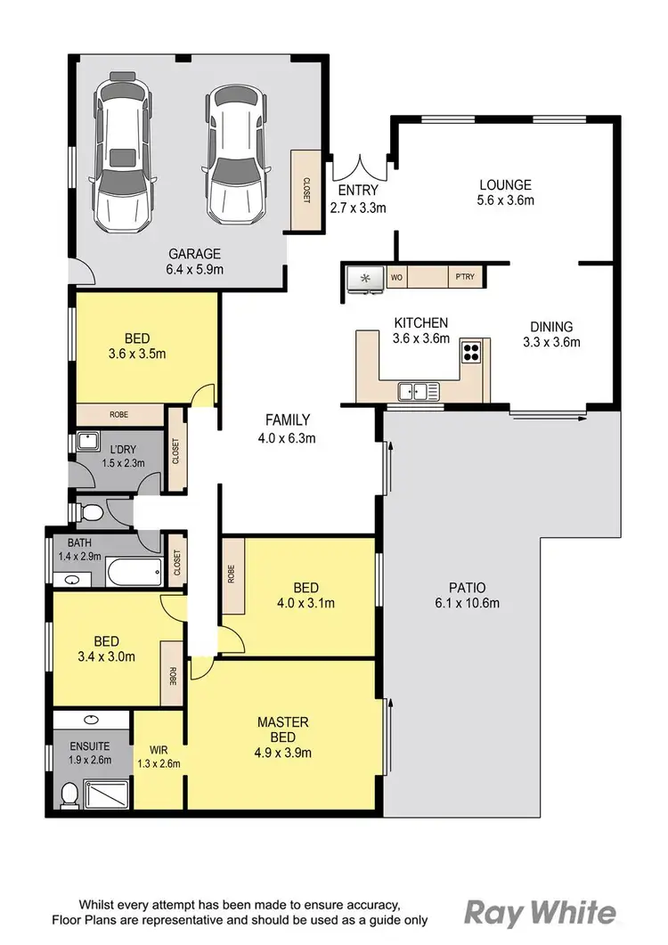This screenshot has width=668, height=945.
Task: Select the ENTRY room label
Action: coord(358,191)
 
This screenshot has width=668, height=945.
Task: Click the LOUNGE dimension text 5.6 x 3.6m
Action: coord(505,201)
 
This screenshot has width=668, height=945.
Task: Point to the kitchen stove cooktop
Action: coord(471,351)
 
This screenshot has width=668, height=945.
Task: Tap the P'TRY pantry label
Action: coord(464,278)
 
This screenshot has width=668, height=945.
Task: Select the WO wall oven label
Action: coord(397,278)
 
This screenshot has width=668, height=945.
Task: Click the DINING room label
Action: coord(550,327)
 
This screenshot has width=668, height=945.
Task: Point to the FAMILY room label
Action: coord(288,420)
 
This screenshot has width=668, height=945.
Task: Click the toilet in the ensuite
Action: coord(69,793)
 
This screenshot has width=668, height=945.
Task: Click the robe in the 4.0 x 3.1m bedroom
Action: coord(232,574)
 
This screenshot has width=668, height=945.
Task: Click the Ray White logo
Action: coord(540,912)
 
